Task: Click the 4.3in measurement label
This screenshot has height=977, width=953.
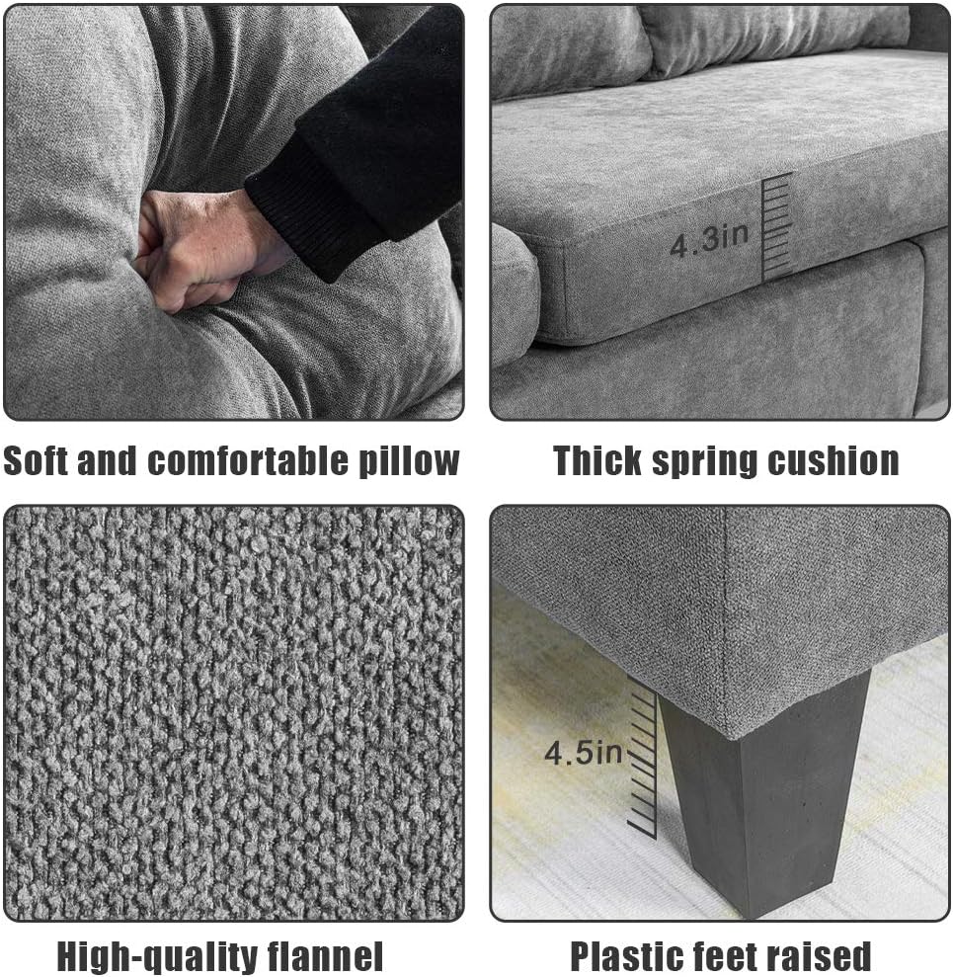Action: [709, 240]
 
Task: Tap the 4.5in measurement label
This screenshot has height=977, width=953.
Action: [583, 753]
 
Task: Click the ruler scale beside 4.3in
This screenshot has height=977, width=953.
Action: [776, 227]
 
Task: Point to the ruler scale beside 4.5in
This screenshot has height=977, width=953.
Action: [643, 759]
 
